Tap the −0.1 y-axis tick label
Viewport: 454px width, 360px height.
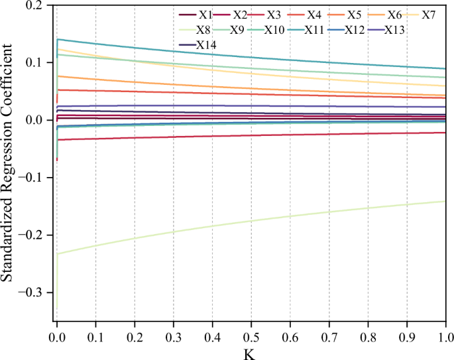[x=32, y=178]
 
